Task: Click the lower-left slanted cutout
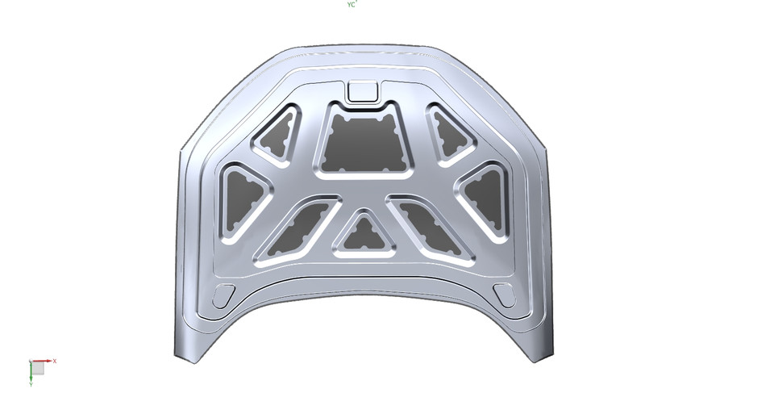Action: (296, 230)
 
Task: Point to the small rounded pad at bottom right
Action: (504, 295)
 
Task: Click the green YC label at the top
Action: (352, 5)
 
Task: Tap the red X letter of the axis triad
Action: (54, 361)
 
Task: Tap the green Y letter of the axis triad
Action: (30, 386)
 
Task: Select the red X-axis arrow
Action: (45, 361)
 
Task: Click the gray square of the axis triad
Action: (37, 368)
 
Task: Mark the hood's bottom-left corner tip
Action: (175, 358)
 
